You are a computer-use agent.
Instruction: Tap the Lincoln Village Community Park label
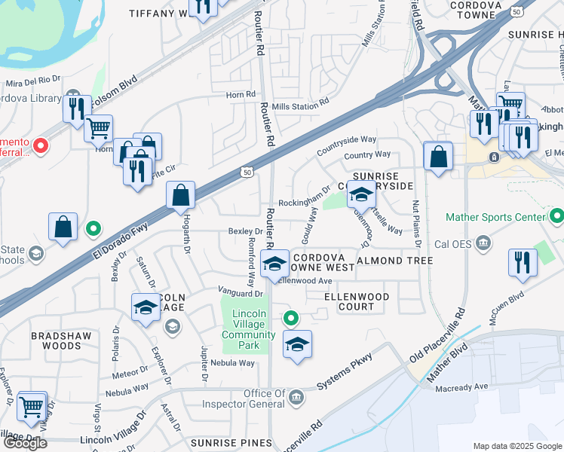(247, 329)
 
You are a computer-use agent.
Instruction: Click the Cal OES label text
(453, 244)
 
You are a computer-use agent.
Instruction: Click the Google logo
(25, 443)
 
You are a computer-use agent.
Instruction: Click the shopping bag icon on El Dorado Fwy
(181, 196)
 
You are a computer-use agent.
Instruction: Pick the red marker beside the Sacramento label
(41, 143)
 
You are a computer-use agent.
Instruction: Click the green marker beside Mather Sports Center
(556, 216)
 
